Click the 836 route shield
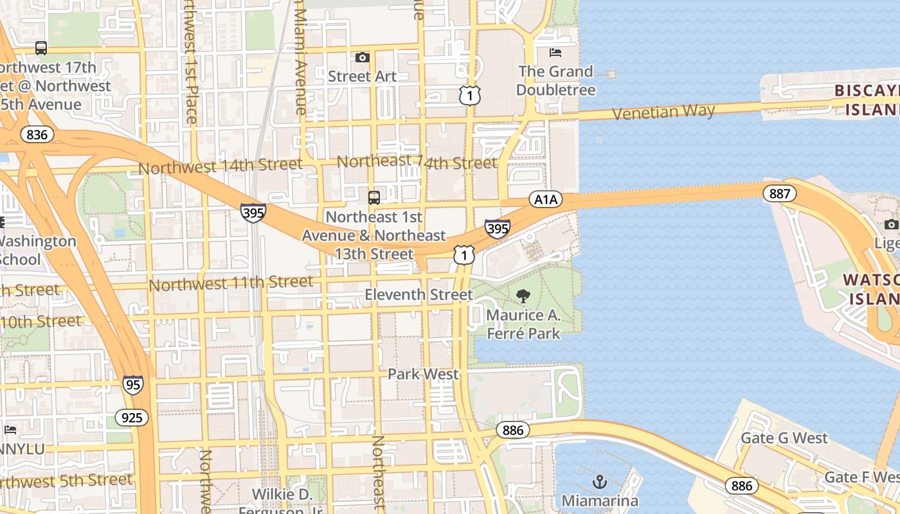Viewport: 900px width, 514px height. pyautogui.click(x=37, y=134)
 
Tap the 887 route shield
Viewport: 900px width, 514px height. pyautogui.click(x=780, y=193)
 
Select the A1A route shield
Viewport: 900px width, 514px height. pyautogui.click(x=545, y=200)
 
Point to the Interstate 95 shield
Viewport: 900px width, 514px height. pyautogui.click(x=132, y=385)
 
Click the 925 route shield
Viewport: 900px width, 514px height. pyautogui.click(x=132, y=418)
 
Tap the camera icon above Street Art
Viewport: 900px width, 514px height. pyautogui.click(x=363, y=58)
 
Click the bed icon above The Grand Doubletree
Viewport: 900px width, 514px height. pyautogui.click(x=555, y=53)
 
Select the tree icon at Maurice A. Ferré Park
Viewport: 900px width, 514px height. pyautogui.click(x=523, y=296)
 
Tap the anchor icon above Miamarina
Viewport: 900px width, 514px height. pyautogui.click(x=600, y=481)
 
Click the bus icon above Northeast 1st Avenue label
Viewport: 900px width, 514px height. pyautogui.click(x=373, y=197)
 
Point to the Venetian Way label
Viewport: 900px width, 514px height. pyautogui.click(x=663, y=112)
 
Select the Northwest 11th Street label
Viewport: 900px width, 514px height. pyautogui.click(x=231, y=283)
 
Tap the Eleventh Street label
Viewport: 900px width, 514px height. pyautogui.click(x=419, y=295)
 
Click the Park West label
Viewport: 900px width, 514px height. pyautogui.click(x=424, y=374)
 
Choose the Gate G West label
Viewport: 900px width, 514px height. pyautogui.click(x=784, y=438)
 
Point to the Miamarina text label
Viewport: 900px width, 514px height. pyautogui.click(x=600, y=501)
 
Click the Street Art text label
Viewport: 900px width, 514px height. pyautogui.click(x=362, y=76)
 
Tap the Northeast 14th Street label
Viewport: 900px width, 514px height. pyautogui.click(x=417, y=162)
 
